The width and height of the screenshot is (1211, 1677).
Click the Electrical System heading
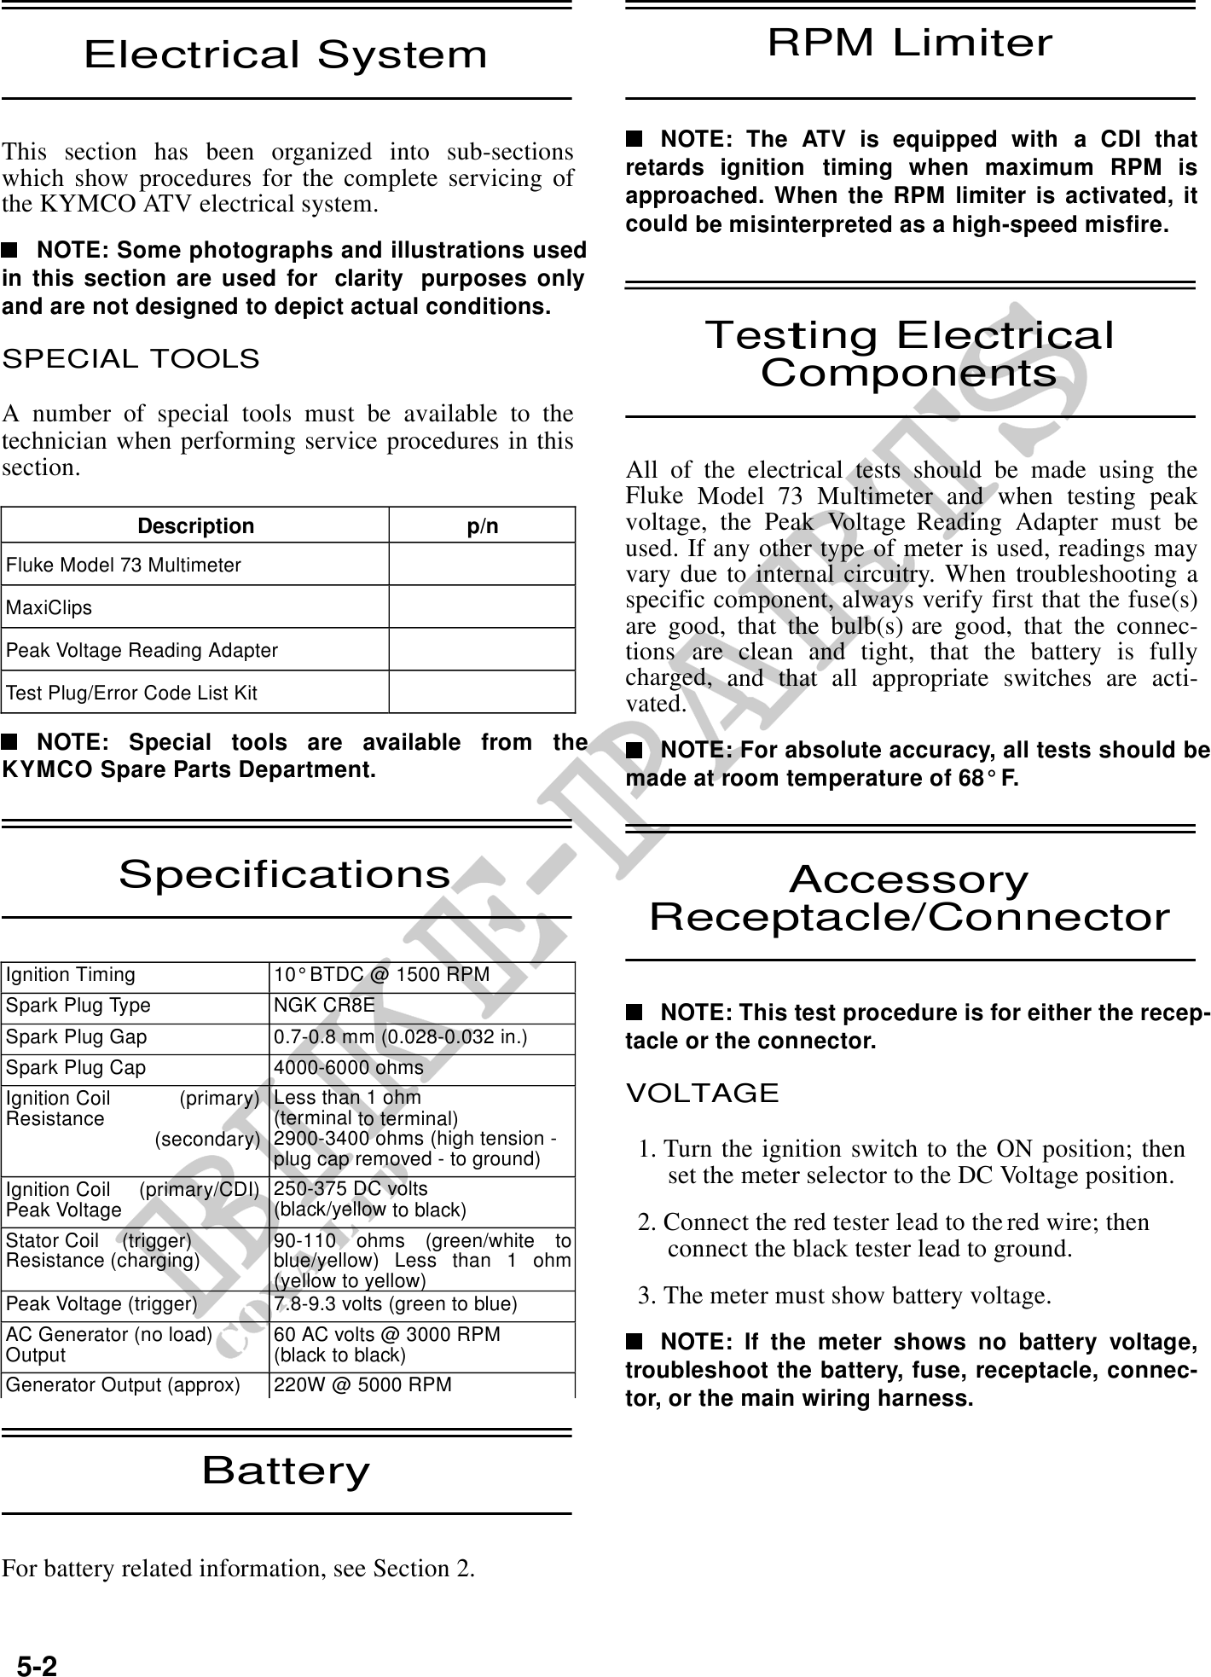(x=286, y=55)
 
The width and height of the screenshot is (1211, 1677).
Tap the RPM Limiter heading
(x=910, y=43)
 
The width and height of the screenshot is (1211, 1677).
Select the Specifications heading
(x=285, y=874)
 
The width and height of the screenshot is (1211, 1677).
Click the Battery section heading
(x=286, y=1471)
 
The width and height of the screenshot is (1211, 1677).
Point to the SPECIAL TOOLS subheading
(x=131, y=359)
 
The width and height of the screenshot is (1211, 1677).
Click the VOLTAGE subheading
(x=703, y=1093)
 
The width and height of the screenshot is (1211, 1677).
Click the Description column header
(x=195, y=525)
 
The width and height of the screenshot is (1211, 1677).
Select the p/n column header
(x=482, y=525)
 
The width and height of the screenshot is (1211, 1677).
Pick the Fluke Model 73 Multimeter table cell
(x=124, y=565)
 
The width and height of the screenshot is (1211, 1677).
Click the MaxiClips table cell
(x=49, y=607)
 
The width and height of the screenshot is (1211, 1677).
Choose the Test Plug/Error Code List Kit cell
(x=131, y=693)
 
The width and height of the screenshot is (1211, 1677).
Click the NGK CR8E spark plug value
(x=323, y=1006)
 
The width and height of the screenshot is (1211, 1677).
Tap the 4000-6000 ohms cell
(x=348, y=1068)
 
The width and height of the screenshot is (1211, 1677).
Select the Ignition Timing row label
(x=71, y=975)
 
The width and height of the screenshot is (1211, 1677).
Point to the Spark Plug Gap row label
(x=77, y=1037)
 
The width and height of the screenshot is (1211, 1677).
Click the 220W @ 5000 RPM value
(x=362, y=1384)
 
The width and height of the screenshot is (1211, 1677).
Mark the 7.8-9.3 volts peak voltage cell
(x=395, y=1304)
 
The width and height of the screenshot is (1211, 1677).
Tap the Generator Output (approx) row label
(x=123, y=1384)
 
